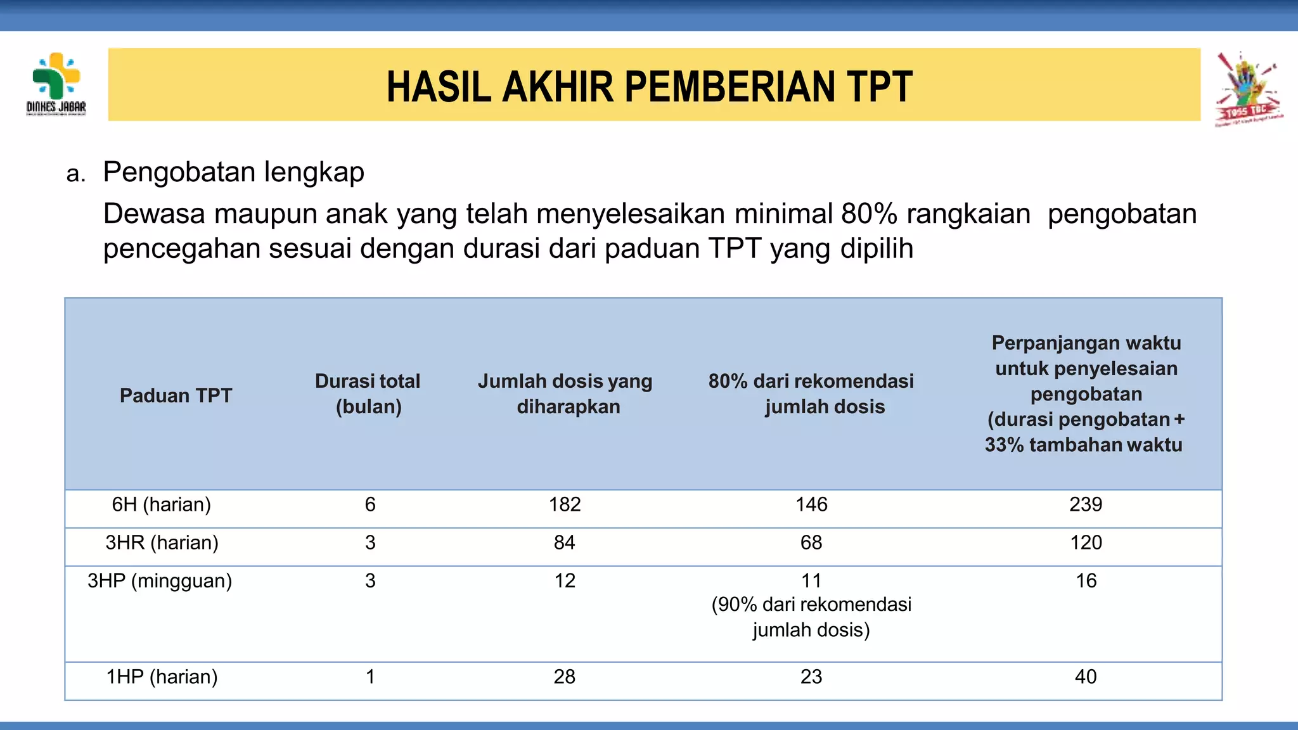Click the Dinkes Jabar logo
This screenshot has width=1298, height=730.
coord(56,84)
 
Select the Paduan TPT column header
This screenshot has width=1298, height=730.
coord(176,395)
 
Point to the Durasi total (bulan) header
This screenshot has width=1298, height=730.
coord(368,394)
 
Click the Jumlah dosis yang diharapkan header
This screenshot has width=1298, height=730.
coord(565,394)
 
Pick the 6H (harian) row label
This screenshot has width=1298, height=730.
coord(161,504)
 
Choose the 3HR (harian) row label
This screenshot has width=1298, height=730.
coord(162,542)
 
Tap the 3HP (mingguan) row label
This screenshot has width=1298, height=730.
coord(160,580)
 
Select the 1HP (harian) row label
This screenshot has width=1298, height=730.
coord(162,677)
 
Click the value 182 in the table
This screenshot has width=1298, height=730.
coord(565,504)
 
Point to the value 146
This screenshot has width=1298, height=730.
coord(811,504)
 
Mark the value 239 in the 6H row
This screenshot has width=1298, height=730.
coord(1086,504)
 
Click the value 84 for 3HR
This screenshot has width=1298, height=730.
coord(564,542)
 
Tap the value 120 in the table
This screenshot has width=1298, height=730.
coord(1086,542)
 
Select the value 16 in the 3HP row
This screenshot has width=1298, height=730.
coord(1086,580)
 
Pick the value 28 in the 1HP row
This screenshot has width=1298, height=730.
coord(564,677)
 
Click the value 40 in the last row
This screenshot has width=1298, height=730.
coord(1086,677)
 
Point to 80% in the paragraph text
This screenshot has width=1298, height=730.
coord(869,214)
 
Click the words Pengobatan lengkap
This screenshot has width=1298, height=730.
coord(233,172)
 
